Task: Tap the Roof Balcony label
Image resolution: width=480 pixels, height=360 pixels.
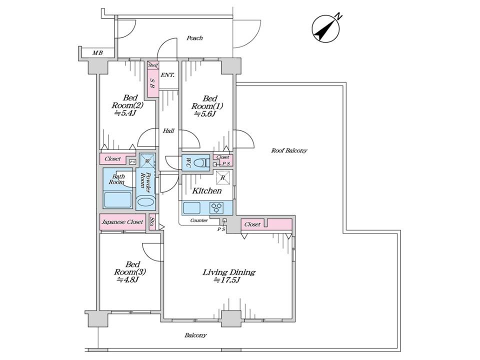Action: tap(289, 150)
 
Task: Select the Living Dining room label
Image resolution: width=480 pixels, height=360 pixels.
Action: tap(228, 275)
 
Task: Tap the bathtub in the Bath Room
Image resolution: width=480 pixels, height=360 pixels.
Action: tap(117, 199)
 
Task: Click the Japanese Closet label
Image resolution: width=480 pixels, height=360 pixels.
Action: tap(122, 221)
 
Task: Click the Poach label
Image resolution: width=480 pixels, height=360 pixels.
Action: tap(194, 38)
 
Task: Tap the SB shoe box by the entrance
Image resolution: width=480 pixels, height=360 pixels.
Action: tap(152, 83)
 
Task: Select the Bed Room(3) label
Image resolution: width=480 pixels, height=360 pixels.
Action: tap(129, 271)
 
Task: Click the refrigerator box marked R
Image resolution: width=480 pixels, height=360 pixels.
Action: tap(223, 177)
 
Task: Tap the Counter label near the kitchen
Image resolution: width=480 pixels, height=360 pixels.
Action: tap(199, 220)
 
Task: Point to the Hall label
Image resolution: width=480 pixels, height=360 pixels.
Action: tap(168, 131)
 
